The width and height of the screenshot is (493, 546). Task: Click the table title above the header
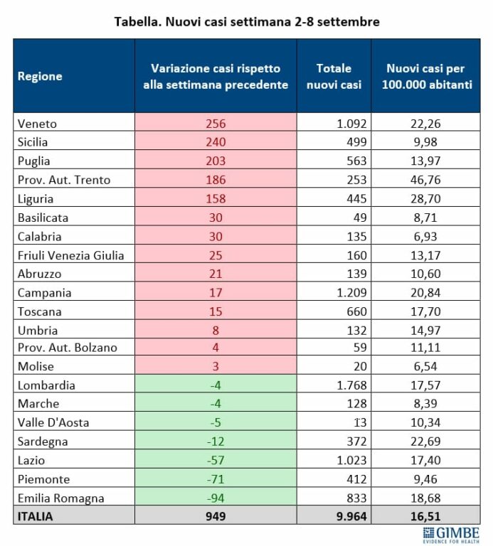point(247,21)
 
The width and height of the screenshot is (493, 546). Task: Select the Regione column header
point(40,76)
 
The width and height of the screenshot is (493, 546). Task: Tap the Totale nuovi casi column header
point(334,76)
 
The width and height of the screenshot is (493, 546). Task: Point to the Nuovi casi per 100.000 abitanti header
point(425,76)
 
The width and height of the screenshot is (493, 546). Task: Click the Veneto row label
point(37,124)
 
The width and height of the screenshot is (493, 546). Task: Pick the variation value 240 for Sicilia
point(216,142)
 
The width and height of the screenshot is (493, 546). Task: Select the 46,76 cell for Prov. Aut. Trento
point(425,180)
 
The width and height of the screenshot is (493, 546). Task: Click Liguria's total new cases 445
point(356,199)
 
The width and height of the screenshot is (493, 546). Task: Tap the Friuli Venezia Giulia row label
point(70,255)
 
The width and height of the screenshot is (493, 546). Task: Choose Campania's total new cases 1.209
point(351,292)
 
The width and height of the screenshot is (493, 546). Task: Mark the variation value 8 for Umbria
point(216,330)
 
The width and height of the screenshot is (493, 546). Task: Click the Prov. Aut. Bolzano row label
point(68,348)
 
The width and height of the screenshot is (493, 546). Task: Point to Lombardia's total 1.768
point(351,385)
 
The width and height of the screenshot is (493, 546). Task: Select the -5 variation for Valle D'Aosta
point(216,422)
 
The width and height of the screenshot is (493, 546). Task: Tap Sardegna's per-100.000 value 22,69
point(425,441)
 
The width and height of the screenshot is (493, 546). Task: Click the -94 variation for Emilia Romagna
point(216,498)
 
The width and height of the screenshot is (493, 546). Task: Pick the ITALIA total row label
point(35,516)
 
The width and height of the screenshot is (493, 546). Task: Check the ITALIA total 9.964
point(351,516)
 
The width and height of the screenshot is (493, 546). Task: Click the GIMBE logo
point(451,535)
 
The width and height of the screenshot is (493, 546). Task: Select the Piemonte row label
point(43,479)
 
